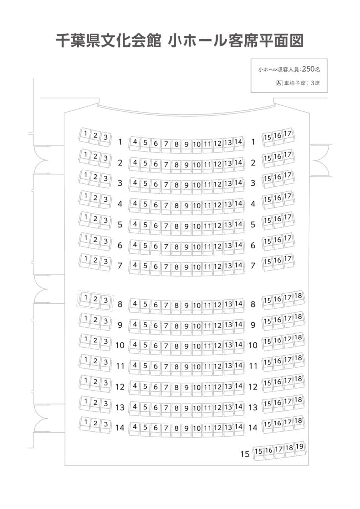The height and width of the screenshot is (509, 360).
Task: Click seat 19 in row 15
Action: tap(300, 448)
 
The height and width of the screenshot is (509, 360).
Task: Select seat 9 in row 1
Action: tap(186, 145)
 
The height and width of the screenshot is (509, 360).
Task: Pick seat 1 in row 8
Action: tap(85, 299)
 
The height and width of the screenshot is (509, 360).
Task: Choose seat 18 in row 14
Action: tap(298, 422)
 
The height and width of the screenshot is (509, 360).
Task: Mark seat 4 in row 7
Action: tap(135, 266)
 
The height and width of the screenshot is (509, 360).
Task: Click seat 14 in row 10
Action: tap(239, 346)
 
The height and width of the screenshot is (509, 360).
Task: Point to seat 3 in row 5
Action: tap(105, 221)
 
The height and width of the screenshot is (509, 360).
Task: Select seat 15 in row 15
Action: tap(258, 452)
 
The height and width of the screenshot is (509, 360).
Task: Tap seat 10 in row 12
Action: tap(197, 389)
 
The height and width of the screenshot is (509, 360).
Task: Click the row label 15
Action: tap(245, 454)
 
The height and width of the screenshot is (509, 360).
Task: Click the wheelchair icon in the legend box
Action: tap(279, 83)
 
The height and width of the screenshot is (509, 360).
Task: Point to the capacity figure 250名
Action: tap(311, 69)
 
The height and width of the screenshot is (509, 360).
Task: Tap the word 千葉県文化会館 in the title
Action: tap(108, 41)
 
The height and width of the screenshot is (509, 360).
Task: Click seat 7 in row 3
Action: tap(166, 186)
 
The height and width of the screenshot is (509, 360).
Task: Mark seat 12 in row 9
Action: tap(217, 326)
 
